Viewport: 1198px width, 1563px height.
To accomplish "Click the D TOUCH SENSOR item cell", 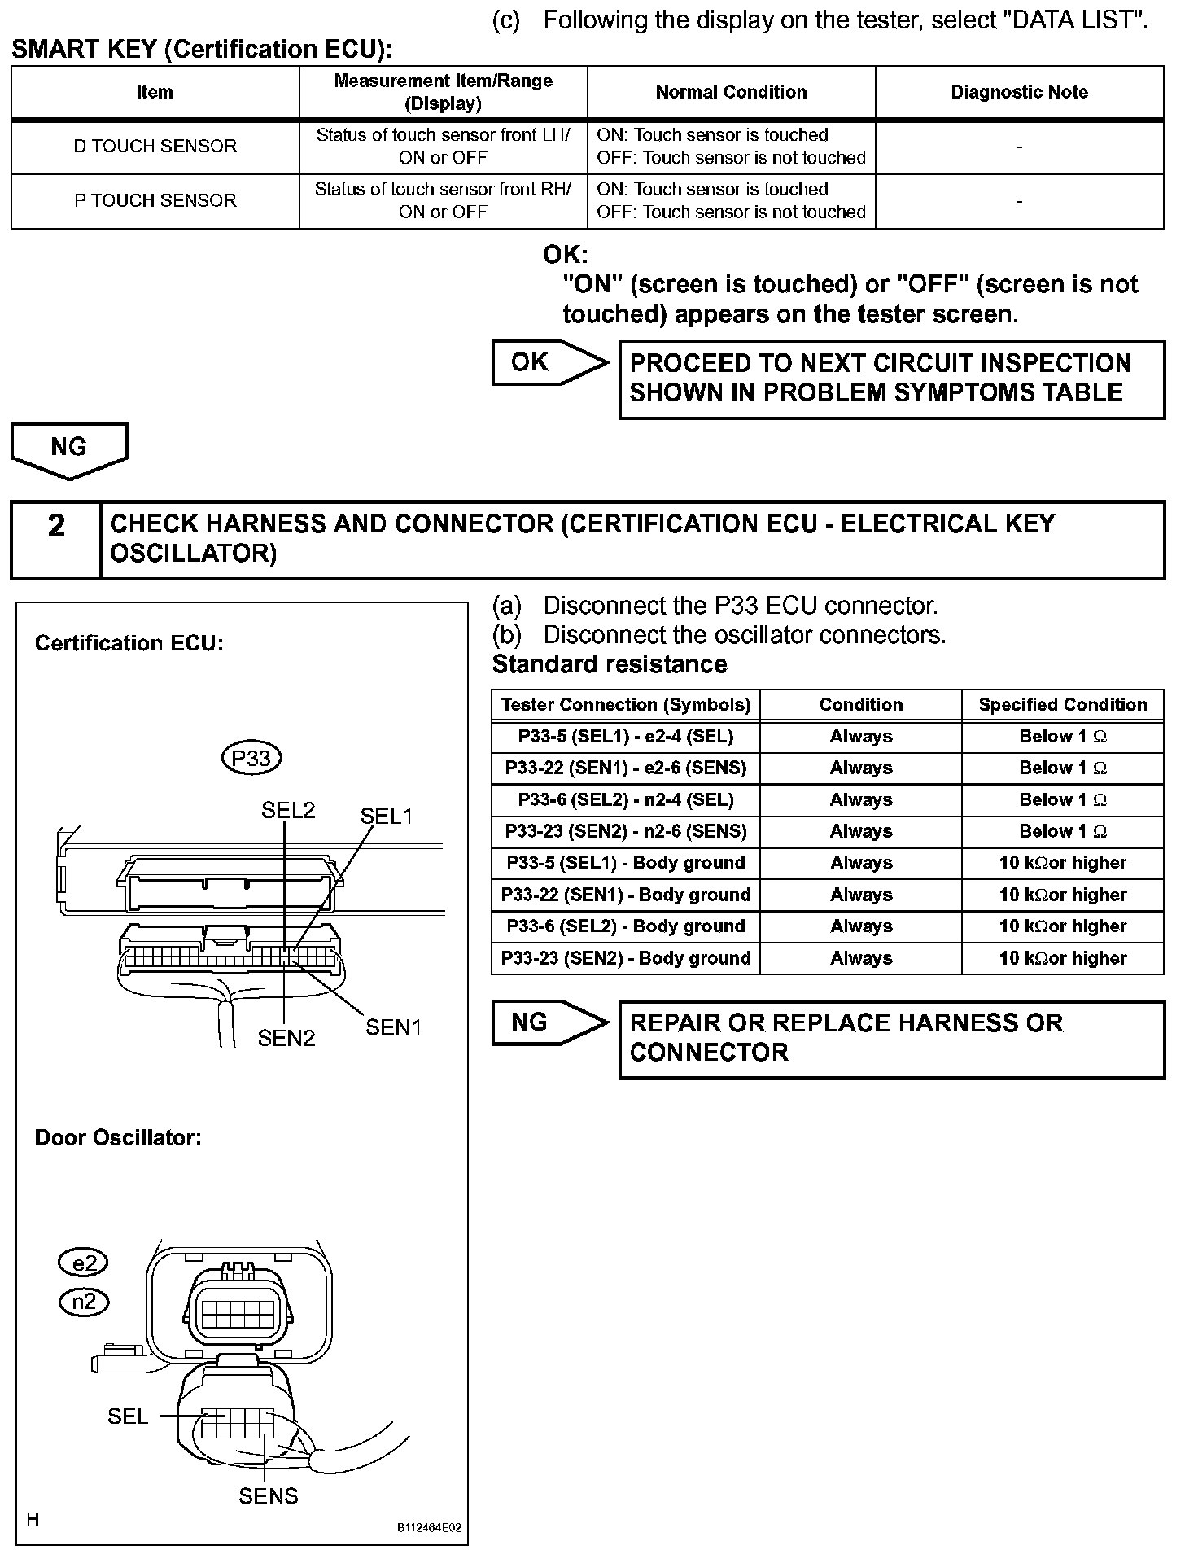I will [155, 147].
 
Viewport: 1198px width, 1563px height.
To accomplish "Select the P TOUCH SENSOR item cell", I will [155, 200].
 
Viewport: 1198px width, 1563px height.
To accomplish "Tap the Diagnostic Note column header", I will [1019, 92].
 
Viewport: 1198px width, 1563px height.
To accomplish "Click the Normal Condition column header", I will [731, 92].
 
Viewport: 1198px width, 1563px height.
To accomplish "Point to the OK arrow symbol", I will [549, 362].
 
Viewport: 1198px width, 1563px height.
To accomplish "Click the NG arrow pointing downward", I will [69, 449].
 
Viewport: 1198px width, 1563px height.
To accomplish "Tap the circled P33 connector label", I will [251, 759].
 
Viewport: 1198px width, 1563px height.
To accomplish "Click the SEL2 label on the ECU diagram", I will [288, 810].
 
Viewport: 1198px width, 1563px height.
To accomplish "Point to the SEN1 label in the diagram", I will [393, 1027].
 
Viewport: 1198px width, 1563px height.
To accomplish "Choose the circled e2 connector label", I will [84, 1263].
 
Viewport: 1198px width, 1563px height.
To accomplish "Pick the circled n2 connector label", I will [84, 1302].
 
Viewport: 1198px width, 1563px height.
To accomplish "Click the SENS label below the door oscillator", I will [268, 1496].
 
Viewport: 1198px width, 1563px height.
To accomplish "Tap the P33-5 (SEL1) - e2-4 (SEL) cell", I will [625, 737].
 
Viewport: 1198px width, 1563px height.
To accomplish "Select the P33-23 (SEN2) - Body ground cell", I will [625, 958].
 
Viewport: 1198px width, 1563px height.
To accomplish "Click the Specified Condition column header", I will [1062, 705].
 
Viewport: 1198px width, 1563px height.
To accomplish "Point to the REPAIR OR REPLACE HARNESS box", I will [891, 1039].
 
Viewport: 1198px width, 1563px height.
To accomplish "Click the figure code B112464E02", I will [429, 1528].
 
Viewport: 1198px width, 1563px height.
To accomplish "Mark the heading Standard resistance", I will [610, 664].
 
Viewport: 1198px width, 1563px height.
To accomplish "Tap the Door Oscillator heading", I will [118, 1137].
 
